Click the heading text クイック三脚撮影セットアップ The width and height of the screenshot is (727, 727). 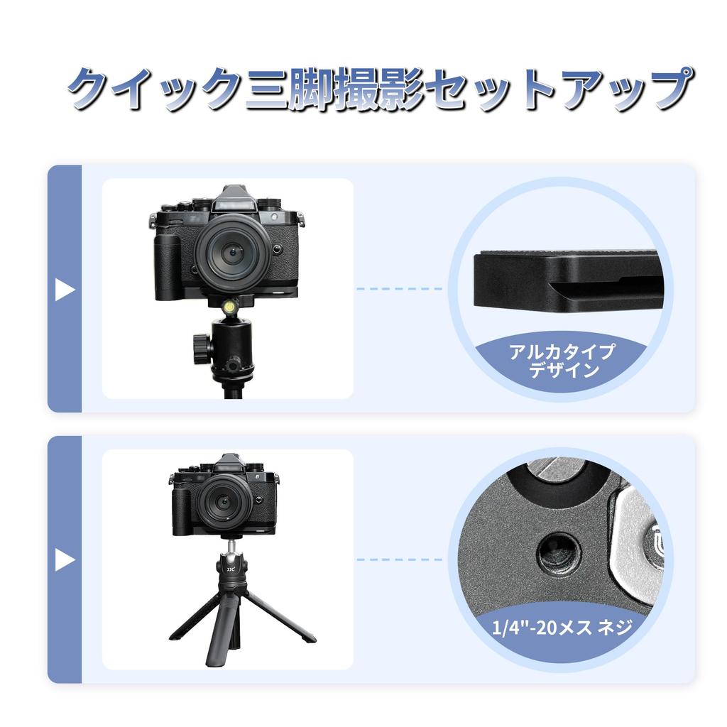pos(379,89)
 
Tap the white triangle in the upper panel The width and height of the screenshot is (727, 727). pos(65,290)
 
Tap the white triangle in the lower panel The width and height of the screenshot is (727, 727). pos(65,560)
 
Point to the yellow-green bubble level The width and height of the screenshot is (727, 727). pos(231,307)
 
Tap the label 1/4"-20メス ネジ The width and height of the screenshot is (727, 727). pos(561,628)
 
